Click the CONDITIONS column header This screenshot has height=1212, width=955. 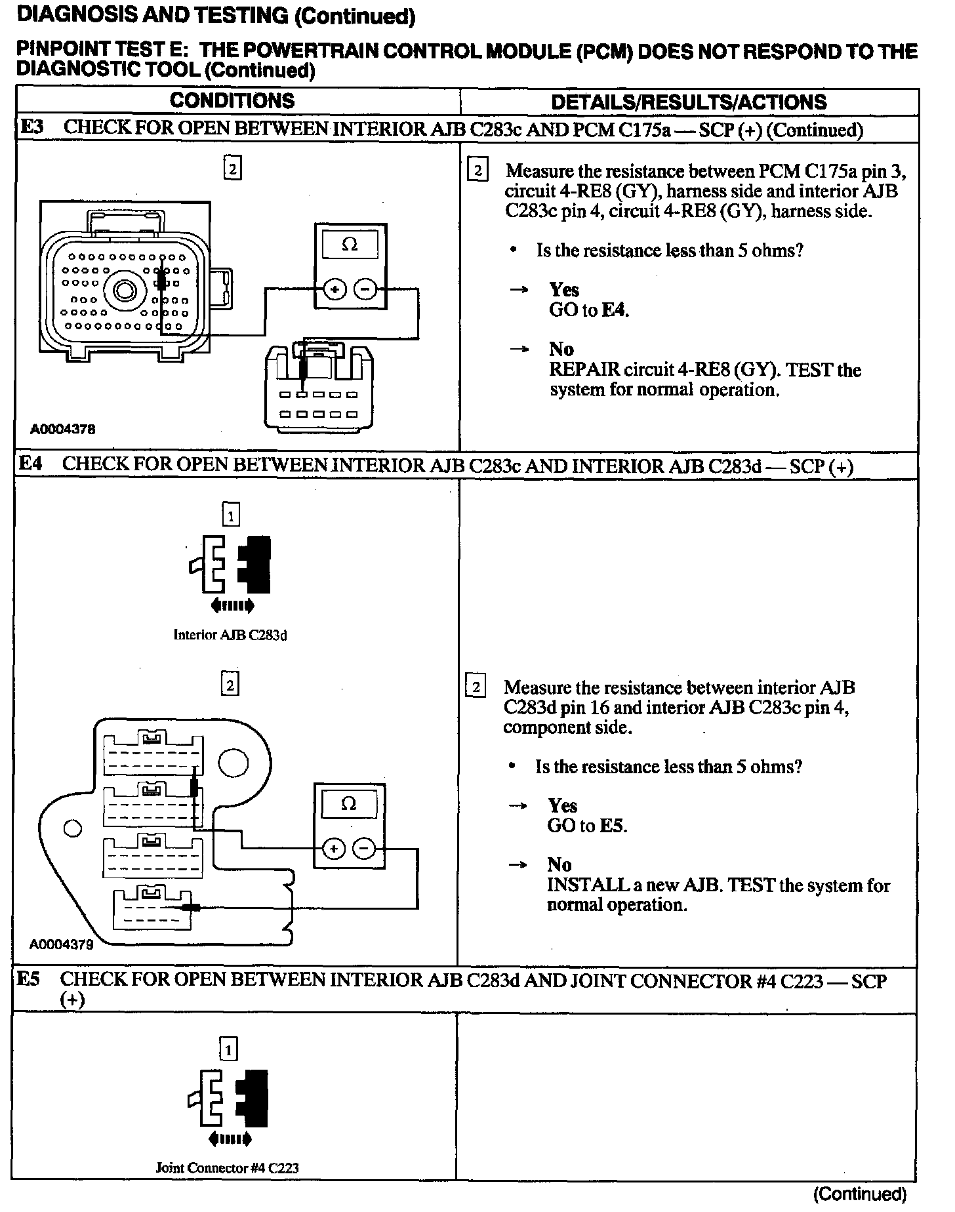232,101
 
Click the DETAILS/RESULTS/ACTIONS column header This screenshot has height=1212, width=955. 688,102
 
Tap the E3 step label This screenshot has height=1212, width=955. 31,127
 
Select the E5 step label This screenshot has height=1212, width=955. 28,979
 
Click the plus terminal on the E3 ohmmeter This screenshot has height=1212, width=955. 335,289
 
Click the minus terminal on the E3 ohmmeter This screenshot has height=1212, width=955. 365,289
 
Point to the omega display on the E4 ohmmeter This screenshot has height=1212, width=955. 349,804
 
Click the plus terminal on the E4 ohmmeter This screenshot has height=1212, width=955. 335,849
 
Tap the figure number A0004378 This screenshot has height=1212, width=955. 63,430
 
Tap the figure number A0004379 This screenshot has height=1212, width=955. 61,944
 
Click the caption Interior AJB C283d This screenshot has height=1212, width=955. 230,635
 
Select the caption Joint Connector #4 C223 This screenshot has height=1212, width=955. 228,1168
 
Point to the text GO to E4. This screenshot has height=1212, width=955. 588,310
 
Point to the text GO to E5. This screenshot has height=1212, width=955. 587,826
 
